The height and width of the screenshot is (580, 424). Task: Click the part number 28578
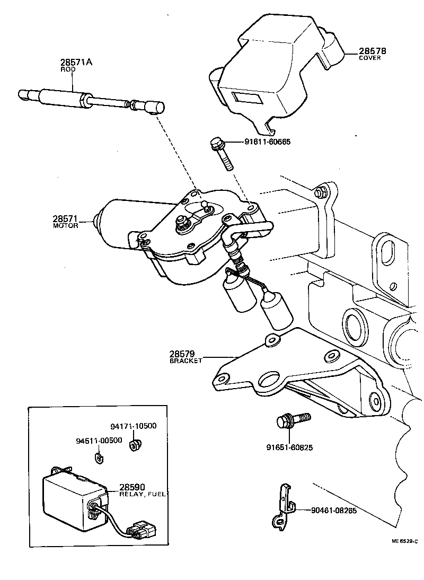click(374, 51)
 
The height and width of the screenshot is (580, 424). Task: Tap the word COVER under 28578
click(370, 58)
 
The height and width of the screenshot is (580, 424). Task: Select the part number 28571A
click(76, 61)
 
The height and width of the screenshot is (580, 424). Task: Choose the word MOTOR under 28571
click(66, 225)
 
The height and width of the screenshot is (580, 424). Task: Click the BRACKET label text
click(186, 361)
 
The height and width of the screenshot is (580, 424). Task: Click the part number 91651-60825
click(289, 447)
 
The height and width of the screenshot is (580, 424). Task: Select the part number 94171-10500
click(133, 426)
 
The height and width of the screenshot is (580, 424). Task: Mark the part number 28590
click(132, 487)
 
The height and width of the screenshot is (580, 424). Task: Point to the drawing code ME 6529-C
click(404, 541)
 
